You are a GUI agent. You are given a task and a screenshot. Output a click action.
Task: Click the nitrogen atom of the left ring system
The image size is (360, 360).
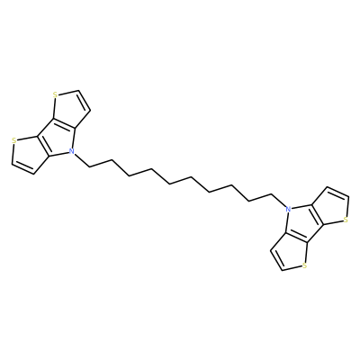(71, 152)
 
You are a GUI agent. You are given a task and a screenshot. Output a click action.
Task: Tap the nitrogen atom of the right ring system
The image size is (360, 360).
(288, 209)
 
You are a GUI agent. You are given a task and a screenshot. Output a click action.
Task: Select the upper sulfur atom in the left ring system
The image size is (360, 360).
(55, 95)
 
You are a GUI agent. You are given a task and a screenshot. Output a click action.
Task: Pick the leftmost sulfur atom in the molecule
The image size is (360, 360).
(13, 139)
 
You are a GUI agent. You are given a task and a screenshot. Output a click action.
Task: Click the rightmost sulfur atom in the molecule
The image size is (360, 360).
(346, 220)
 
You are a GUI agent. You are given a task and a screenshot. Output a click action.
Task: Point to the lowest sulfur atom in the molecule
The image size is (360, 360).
(305, 265)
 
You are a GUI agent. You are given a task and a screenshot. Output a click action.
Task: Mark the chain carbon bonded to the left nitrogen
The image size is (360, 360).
(89, 166)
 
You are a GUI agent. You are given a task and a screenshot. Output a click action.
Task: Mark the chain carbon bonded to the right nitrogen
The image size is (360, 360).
(272, 194)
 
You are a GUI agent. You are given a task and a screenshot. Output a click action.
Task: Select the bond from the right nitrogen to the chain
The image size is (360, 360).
(279, 201)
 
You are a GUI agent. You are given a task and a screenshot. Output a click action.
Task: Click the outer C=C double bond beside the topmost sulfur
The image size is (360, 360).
(84, 101)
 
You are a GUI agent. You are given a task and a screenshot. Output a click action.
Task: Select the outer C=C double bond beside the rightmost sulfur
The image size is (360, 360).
(337, 192)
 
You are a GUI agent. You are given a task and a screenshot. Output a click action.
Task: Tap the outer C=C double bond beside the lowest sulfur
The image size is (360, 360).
(277, 260)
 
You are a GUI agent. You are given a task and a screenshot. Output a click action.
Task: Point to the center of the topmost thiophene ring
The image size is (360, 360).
(69, 109)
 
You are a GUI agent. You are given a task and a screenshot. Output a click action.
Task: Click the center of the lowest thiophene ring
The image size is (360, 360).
(291, 252)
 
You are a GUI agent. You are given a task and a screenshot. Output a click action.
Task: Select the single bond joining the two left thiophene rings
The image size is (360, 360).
(45, 128)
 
